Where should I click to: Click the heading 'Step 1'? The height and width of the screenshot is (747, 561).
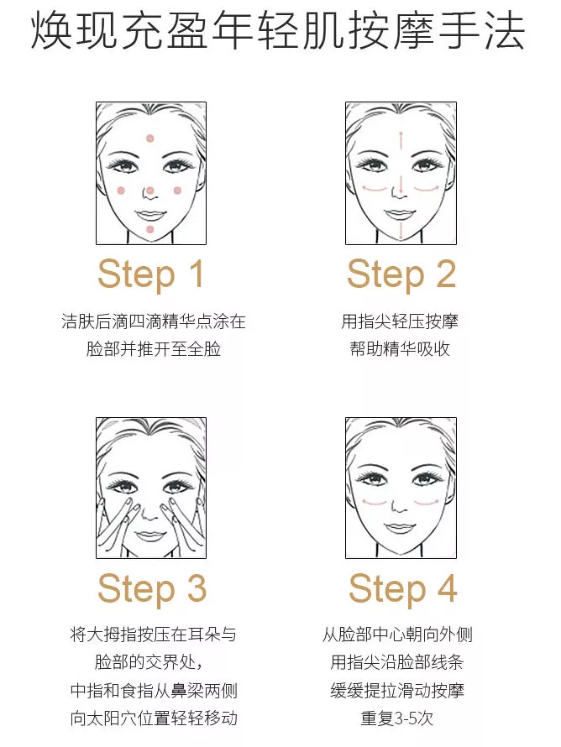pos(151,274)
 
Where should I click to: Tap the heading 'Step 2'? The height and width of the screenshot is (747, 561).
pos(401,274)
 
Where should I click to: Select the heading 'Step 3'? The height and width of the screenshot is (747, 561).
pos(152,589)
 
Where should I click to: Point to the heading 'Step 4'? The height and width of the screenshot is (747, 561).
pos(403,589)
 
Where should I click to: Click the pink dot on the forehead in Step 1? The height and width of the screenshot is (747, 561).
pos(150,138)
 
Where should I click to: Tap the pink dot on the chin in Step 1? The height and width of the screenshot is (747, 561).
pos(150,230)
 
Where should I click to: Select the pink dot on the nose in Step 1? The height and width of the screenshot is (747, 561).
pos(150,191)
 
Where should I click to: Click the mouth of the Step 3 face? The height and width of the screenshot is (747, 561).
pos(149,535)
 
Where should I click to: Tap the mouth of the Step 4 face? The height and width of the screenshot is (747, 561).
pos(400,527)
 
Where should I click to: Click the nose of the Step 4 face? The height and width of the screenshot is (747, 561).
pos(400,504)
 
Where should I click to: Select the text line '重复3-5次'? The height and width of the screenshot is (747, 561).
pos(397,718)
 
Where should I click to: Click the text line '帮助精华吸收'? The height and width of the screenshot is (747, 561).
pos(400,349)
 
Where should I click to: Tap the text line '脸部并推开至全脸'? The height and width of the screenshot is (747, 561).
pos(154,349)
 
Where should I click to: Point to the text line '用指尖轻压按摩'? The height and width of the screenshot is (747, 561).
pos(400,321)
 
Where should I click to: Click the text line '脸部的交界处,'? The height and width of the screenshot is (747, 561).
pos(149,662)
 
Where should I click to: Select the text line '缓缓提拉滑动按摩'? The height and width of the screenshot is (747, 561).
pos(397,690)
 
